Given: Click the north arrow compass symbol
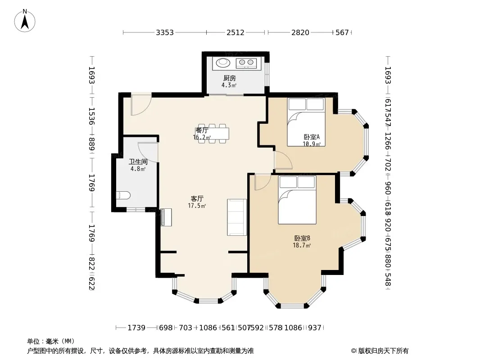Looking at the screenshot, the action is pos(25,20).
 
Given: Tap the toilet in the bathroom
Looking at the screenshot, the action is pos(123,195).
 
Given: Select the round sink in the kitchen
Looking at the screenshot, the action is pos(223,63).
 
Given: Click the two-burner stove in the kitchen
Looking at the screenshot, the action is pos(246,63).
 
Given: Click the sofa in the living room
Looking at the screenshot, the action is pos(237,217).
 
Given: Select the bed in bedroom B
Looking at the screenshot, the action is pos(297,200).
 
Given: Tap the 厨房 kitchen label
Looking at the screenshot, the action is pos(230,78).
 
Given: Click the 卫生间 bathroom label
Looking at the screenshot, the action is pos(138,162).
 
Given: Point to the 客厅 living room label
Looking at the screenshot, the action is pos(197,199).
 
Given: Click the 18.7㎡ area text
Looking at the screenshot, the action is pos(302,245).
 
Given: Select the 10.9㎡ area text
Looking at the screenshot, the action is pos(312,144).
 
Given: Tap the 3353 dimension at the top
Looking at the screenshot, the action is pos(165,32).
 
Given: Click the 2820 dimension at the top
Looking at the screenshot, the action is pos(300,32).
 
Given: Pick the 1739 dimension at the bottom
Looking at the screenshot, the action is pos(136,328).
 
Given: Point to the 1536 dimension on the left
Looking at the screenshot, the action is pos(91,116).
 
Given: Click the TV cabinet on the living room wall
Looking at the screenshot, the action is pos(166,217).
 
